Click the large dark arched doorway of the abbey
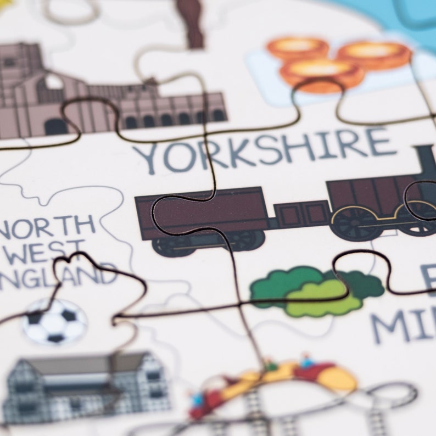tap(55, 127)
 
